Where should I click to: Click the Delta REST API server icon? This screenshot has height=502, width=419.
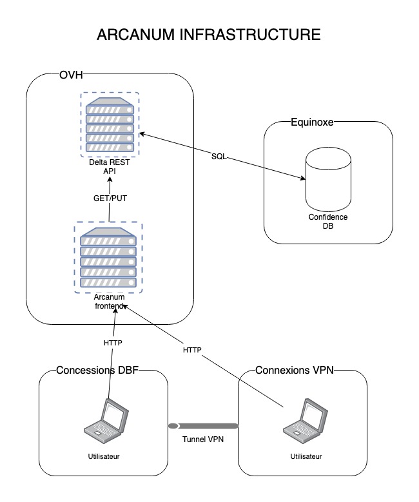110,125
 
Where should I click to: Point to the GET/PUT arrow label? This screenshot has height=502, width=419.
110,198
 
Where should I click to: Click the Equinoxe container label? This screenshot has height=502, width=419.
313,122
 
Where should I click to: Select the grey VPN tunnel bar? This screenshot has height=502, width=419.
202,427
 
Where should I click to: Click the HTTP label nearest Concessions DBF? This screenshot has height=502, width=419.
113,343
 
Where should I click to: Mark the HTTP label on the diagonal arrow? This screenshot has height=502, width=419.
192,350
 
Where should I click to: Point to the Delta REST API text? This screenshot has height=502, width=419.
109,167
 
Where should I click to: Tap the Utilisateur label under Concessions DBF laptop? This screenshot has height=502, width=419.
104,457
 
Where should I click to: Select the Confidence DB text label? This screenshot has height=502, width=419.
327,222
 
